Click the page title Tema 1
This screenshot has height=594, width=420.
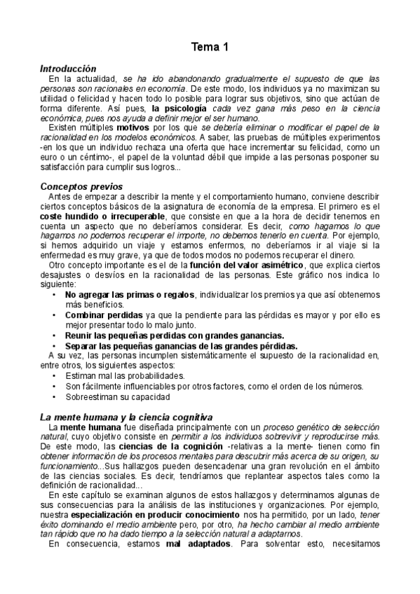tap(210, 48)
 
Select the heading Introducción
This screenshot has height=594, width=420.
tap(68, 69)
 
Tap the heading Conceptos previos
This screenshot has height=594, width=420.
tap(81, 187)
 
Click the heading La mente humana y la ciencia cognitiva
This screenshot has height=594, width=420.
tap(126, 417)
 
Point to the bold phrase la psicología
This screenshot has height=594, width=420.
tap(179, 109)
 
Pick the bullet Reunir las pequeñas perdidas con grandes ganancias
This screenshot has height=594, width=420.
tap(175, 335)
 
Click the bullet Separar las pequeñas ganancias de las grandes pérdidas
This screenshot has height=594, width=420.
tap(181, 345)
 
